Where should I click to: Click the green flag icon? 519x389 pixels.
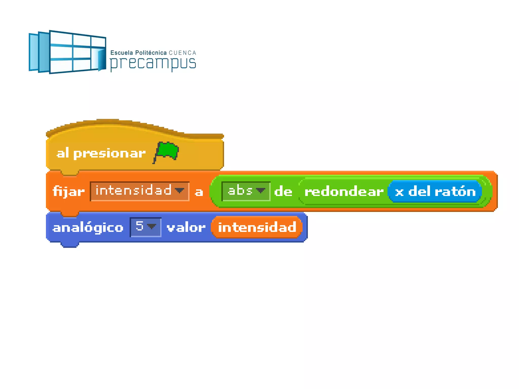(166, 151)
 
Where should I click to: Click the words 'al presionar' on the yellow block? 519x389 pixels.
(101, 153)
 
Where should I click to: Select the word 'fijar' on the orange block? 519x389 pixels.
(68, 191)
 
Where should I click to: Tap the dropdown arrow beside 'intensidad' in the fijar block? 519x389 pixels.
(180, 190)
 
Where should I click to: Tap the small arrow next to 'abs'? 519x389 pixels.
(261, 190)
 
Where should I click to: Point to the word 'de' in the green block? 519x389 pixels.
(283, 191)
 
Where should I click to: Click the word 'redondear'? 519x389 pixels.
(344, 191)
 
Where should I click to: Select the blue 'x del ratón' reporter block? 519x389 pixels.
(435, 191)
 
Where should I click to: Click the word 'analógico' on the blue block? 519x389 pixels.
(88, 227)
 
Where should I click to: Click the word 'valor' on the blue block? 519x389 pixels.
(186, 227)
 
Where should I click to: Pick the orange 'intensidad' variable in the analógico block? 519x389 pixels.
(257, 227)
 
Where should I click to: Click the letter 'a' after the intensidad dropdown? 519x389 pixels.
(199, 192)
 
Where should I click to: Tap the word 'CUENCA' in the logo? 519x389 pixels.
(182, 53)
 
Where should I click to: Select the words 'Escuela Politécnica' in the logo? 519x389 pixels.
(138, 53)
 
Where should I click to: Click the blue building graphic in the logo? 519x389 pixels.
(67, 52)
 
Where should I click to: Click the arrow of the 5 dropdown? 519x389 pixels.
(152, 226)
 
